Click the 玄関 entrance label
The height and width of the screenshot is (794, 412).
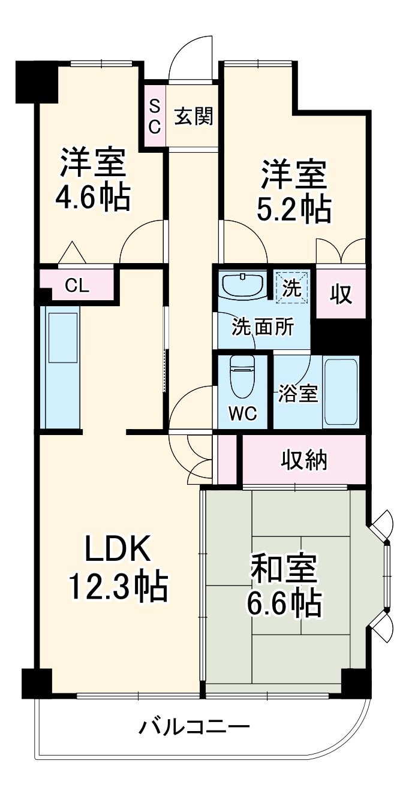pyautogui.click(x=193, y=117)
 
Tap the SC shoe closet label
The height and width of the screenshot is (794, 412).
pyautogui.click(x=154, y=116)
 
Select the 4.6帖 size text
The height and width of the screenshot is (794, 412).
pyautogui.click(x=92, y=197)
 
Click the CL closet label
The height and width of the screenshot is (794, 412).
pyautogui.click(x=77, y=286)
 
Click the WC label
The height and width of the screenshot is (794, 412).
pyautogui.click(x=242, y=413)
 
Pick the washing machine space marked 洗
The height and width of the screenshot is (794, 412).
pyautogui.click(x=291, y=287)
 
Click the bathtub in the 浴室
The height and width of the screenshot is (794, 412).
pyautogui.click(x=340, y=392)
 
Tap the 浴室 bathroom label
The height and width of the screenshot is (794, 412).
pyautogui.click(x=297, y=393)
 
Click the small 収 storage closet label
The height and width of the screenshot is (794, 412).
pyautogui.click(x=341, y=294)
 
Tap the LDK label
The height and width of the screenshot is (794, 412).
pyautogui.click(x=117, y=550)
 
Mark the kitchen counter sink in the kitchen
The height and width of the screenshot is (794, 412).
pyautogui.click(x=63, y=338)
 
